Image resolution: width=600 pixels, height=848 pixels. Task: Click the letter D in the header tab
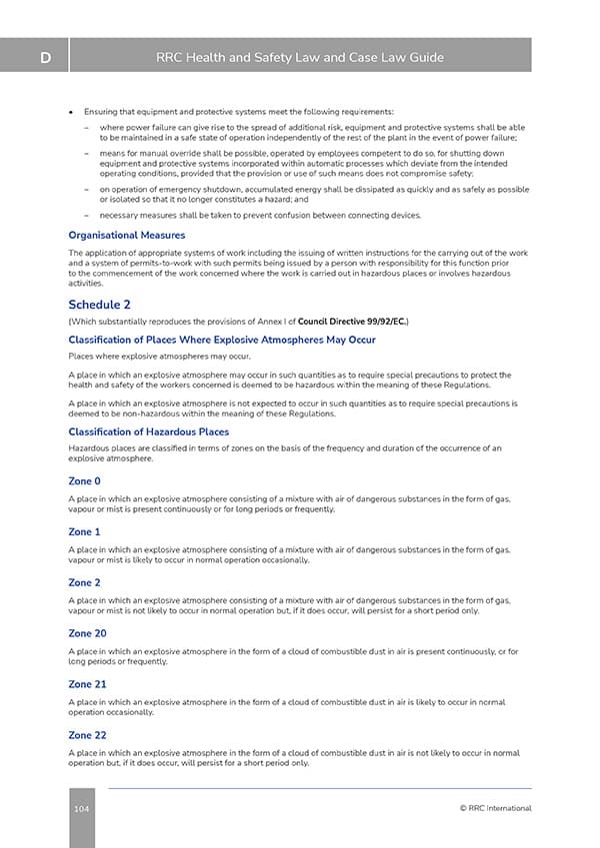click(x=46, y=58)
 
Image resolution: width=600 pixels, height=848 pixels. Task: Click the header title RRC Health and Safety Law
click(x=300, y=58)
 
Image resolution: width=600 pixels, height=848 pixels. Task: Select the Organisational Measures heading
click(x=126, y=236)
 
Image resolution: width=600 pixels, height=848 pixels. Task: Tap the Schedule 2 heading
click(x=99, y=304)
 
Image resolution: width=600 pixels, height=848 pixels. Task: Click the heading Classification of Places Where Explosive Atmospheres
click(x=221, y=340)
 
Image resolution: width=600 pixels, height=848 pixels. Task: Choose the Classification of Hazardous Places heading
click(x=148, y=431)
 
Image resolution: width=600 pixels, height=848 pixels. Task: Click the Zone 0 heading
click(x=85, y=481)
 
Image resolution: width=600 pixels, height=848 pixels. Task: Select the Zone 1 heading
click(x=85, y=532)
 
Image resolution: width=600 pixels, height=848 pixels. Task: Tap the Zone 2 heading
click(x=85, y=582)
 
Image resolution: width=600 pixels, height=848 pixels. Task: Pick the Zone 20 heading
click(x=87, y=633)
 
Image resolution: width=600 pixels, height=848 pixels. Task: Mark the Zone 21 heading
click(x=87, y=684)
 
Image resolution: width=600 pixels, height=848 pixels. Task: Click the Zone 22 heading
click(x=87, y=735)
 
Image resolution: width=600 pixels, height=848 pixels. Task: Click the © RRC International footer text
click(x=495, y=808)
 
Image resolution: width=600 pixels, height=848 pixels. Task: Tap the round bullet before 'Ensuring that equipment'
click(x=72, y=111)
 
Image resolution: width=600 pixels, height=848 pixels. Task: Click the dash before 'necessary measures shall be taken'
click(x=88, y=216)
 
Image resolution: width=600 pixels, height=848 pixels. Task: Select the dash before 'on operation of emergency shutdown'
click(x=88, y=189)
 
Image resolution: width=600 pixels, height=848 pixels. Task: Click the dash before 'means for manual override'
click(x=88, y=154)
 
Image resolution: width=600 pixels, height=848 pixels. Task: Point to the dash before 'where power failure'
click(x=88, y=128)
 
